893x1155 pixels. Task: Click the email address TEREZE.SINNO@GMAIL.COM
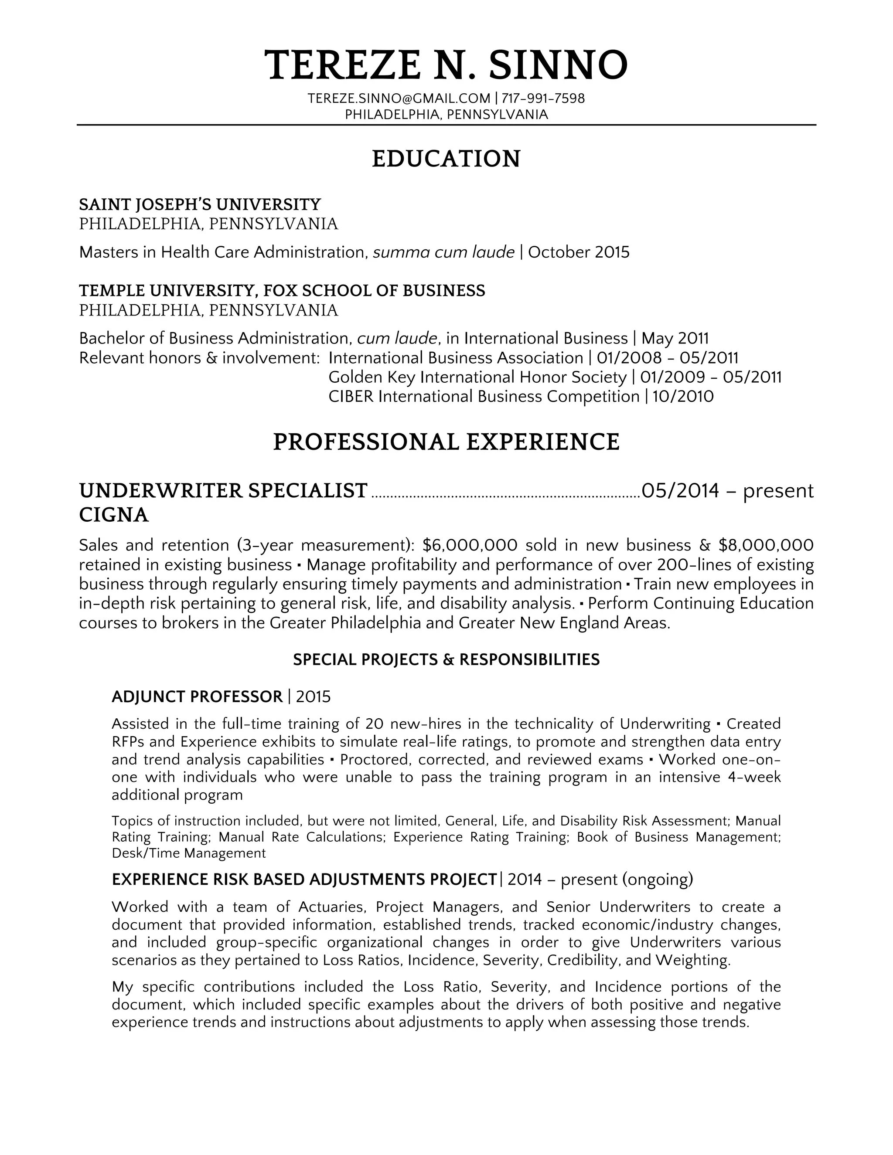pyautogui.click(x=399, y=99)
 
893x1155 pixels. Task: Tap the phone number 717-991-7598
pyautogui.click(x=543, y=99)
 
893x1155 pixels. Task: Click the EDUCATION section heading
pyautogui.click(x=446, y=159)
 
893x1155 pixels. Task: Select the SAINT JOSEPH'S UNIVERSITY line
pyautogui.click(x=200, y=204)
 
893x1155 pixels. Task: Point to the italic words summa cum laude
pyautogui.click(x=443, y=252)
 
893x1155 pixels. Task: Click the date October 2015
pyautogui.click(x=579, y=252)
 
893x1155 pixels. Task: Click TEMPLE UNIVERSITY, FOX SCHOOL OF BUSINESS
pyautogui.click(x=282, y=290)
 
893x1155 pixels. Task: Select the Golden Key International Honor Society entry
pyautogui.click(x=477, y=377)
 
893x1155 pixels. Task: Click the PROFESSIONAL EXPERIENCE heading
pyautogui.click(x=446, y=442)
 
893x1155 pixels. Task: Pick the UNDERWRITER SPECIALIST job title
pyautogui.click(x=223, y=491)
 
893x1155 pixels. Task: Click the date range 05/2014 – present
pyautogui.click(x=727, y=491)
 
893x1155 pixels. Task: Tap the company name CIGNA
pyautogui.click(x=114, y=515)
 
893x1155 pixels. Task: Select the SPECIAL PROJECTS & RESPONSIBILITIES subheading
pyautogui.click(x=446, y=659)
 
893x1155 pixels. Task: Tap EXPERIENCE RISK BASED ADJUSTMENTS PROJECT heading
pyautogui.click(x=304, y=880)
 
